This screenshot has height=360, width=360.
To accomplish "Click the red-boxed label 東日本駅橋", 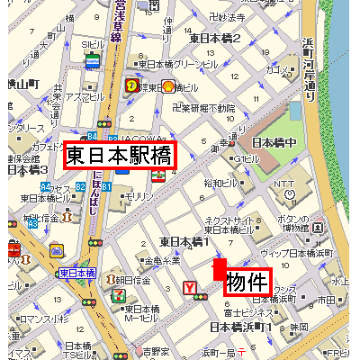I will click(119, 155).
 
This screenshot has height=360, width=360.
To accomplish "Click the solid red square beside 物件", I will click(219, 269).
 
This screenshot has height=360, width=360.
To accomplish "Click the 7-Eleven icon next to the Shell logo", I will click(132, 86).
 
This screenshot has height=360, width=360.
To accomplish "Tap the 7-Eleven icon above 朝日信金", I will click(118, 293).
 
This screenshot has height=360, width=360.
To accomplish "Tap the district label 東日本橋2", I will click(214, 38).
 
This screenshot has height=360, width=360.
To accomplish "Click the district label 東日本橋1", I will click(184, 241).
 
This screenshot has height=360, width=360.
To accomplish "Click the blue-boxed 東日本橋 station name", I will click(77, 273).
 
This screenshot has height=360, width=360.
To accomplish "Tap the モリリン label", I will click(139, 195).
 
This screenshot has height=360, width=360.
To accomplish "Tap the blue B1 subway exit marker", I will click(105, 186).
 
